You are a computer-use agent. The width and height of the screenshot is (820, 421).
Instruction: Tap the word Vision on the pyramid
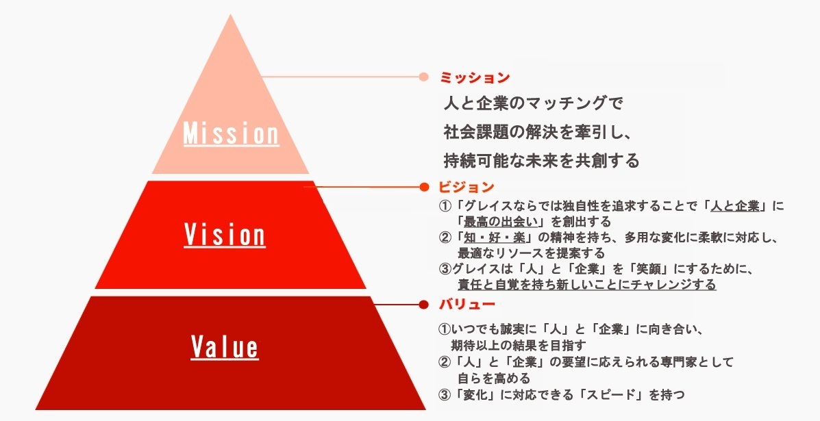pos(225,235)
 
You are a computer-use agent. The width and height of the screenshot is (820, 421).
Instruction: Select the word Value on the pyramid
pos(225,346)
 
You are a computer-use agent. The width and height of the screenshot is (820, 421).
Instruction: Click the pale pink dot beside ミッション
pos(423,77)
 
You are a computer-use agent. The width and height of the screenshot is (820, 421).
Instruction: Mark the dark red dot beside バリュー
pos(423,304)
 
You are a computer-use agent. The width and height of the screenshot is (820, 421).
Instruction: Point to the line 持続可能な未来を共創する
pos(541,161)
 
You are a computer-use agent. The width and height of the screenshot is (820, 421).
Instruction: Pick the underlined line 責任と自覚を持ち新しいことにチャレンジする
pos(587,284)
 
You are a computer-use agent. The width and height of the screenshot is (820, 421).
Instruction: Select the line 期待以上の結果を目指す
pos(519,344)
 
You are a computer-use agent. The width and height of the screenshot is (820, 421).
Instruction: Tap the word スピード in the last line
pos(610,394)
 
